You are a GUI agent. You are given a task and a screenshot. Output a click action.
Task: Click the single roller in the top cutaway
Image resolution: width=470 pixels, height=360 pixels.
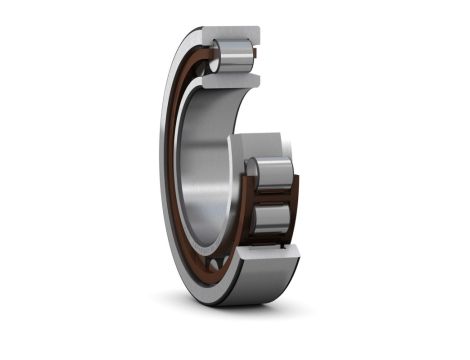pyautogui.click(x=234, y=55)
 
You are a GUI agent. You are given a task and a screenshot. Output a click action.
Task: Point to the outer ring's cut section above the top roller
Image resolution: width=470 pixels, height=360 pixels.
pyautogui.click(x=236, y=33)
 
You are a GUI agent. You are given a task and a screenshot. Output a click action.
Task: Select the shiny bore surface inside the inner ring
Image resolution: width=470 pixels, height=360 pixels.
pyautogui.click(x=205, y=160)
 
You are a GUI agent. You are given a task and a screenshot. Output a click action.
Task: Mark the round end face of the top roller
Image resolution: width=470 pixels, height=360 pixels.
pyautogui.click(x=215, y=56)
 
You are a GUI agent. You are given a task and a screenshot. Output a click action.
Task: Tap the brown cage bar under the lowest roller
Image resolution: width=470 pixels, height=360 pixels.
pyautogui.click(x=272, y=243)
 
